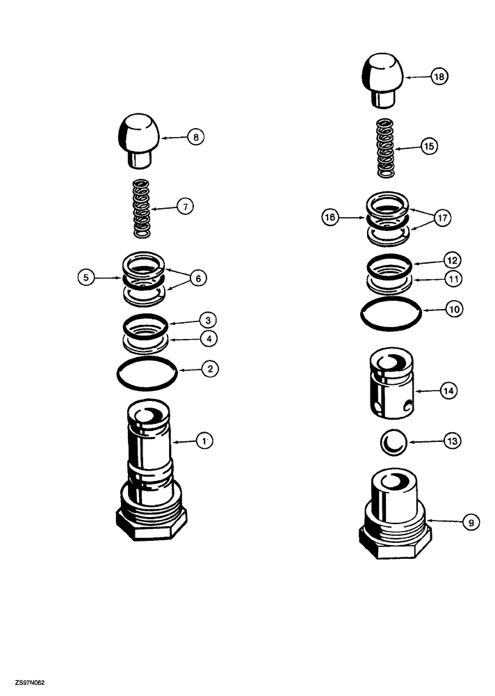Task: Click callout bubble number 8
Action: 195,138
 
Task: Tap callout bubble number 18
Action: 440,77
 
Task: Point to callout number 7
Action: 185,206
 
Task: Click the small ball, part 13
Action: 393,441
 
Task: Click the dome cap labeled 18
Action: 383,81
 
